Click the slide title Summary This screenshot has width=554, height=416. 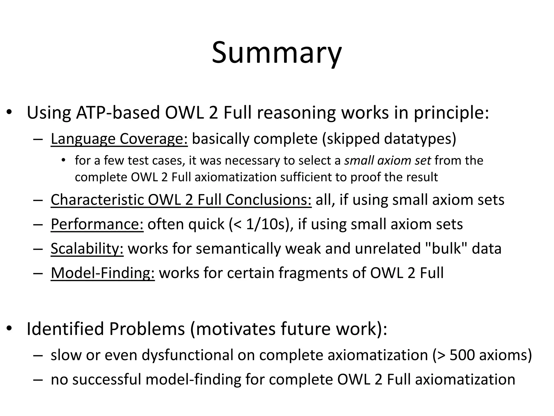point(277,53)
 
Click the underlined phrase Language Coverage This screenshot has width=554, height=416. point(119,139)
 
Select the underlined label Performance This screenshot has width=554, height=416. point(97,224)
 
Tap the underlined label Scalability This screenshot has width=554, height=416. point(87,249)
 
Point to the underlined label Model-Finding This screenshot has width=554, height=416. point(103,273)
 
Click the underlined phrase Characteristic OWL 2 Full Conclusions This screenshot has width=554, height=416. point(181,200)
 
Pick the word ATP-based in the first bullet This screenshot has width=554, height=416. point(118,113)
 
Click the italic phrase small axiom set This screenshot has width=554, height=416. point(388,161)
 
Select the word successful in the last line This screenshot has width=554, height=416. point(107,379)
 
